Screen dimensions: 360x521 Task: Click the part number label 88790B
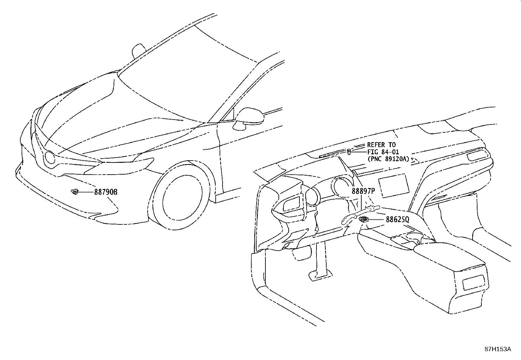pos(106,192)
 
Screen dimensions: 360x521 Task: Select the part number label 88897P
pos(363,191)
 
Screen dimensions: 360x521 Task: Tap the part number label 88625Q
pos(397,219)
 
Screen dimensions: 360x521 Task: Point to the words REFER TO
pos(381,145)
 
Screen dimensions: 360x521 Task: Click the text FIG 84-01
pos(383,152)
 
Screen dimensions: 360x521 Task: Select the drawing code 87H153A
pos(498,349)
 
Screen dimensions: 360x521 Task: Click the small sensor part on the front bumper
pos(75,192)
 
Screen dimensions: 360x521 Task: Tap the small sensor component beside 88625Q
pos(363,219)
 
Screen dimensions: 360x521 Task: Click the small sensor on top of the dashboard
pos(349,151)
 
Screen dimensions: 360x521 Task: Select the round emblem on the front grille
pos(50,158)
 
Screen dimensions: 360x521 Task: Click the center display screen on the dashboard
pos(393,185)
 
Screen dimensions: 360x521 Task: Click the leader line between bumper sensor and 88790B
pos(86,192)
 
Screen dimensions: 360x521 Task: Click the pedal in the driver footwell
pos(317,275)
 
